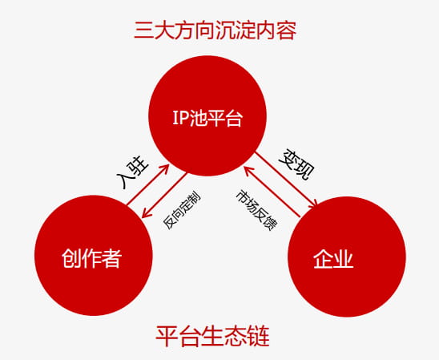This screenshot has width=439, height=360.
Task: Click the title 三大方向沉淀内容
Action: (215, 30)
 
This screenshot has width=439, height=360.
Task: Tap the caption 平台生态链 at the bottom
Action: (212, 336)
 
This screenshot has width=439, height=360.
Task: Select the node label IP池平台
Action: (207, 118)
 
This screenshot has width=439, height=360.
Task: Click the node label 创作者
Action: (92, 258)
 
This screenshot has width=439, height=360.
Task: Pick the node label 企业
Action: (333, 259)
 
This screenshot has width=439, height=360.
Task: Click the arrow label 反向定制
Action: (182, 211)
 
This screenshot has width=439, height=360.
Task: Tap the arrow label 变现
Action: (297, 164)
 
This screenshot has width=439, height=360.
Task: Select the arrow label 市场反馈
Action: (256, 210)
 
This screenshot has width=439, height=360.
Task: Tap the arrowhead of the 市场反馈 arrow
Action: (246, 168)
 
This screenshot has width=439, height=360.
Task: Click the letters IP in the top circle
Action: (180, 118)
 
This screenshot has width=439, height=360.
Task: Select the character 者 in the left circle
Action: (112, 258)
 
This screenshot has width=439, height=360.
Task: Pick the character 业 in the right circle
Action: (344, 259)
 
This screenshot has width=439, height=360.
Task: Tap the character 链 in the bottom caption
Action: (259, 336)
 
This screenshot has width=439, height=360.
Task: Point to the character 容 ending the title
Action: (287, 30)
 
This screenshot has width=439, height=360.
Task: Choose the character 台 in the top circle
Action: (233, 118)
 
